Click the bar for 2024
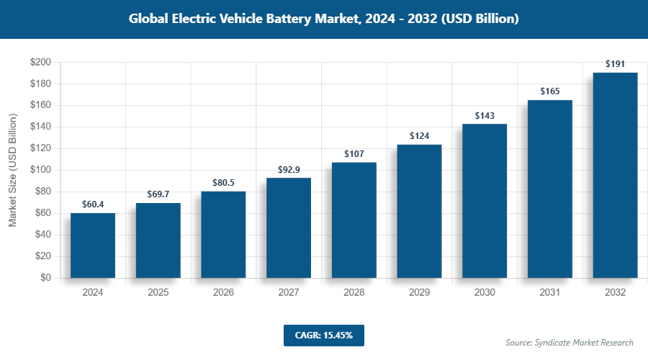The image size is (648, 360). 93,246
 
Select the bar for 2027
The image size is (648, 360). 289,228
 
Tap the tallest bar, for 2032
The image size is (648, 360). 615,175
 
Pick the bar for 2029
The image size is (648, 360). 419,211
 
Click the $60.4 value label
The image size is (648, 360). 93,204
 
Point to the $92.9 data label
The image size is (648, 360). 289,169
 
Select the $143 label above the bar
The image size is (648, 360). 485,115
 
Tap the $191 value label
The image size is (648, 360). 615,64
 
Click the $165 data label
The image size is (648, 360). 550,91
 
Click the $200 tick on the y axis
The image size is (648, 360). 40,63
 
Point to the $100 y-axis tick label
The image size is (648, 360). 40,170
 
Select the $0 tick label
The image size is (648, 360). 45,278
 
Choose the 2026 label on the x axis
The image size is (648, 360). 223,293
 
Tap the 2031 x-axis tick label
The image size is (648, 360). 550,293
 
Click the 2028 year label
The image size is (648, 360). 354,293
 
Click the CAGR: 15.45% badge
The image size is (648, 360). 324,336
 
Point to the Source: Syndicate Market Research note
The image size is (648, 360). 570,342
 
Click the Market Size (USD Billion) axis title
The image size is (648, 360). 12,170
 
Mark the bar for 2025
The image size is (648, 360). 158,240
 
